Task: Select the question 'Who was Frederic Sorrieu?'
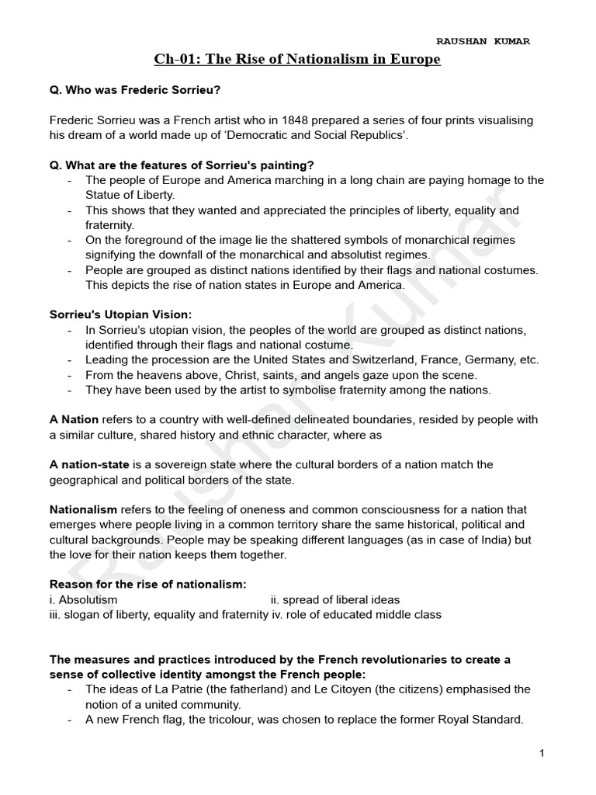click(x=136, y=90)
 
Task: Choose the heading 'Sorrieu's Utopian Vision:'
click(x=120, y=314)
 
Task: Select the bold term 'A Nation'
click(x=74, y=420)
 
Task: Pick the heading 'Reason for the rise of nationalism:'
click(x=148, y=584)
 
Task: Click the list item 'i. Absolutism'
click(x=84, y=599)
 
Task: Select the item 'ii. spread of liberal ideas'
click(x=335, y=599)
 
